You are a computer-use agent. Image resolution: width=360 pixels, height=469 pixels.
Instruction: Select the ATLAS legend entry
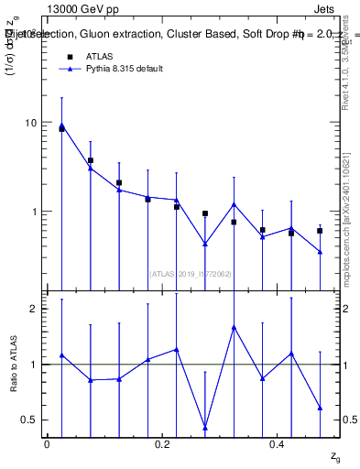99,56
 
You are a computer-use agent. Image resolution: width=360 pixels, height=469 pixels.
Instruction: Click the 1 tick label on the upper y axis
33,212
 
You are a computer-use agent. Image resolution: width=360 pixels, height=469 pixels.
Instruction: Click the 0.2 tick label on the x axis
162,443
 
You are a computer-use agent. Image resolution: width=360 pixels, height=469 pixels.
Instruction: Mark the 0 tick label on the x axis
47,443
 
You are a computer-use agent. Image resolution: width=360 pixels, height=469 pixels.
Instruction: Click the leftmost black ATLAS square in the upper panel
61,129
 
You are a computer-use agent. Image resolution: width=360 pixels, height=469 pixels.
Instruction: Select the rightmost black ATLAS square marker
320,231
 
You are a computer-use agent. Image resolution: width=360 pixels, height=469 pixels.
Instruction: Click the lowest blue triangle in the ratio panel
205,428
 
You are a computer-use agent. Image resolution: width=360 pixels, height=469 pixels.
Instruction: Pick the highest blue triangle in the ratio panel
234,327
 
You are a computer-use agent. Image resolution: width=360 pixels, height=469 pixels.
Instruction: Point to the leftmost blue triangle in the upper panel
61,125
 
